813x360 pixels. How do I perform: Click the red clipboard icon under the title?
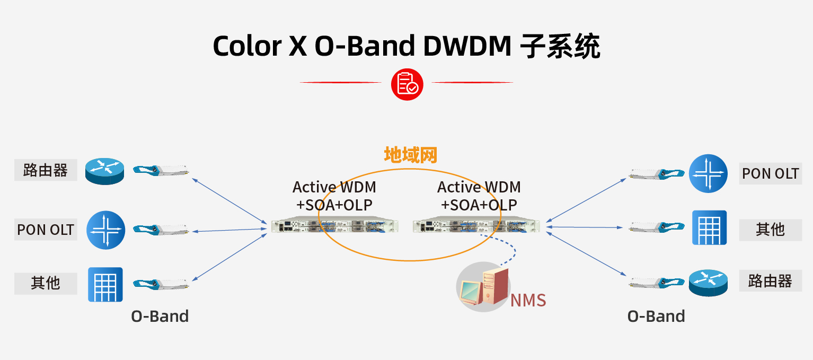[x=407, y=84]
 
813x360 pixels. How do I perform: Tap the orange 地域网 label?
[x=411, y=155]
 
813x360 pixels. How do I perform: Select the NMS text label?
[x=528, y=300]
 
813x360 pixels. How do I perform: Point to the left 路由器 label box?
[x=46, y=170]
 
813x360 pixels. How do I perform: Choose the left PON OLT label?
[x=46, y=230]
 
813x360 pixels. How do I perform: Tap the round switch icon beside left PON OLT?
[x=106, y=230]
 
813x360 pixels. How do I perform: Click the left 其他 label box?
[x=46, y=283]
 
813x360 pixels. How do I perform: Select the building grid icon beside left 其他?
[x=105, y=285]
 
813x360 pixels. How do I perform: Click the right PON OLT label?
[x=770, y=173]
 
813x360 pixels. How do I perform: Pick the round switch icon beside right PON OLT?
[x=708, y=173]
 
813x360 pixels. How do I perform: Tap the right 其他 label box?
[x=770, y=230]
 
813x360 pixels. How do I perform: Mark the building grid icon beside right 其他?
[x=709, y=228]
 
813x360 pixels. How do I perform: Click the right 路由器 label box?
[x=770, y=280]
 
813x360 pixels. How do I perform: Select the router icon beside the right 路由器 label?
[x=708, y=282]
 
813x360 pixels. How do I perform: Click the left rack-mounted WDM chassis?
[x=334, y=226]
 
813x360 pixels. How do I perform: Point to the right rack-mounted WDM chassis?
[x=476, y=226]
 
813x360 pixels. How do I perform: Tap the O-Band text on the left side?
[x=160, y=317]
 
